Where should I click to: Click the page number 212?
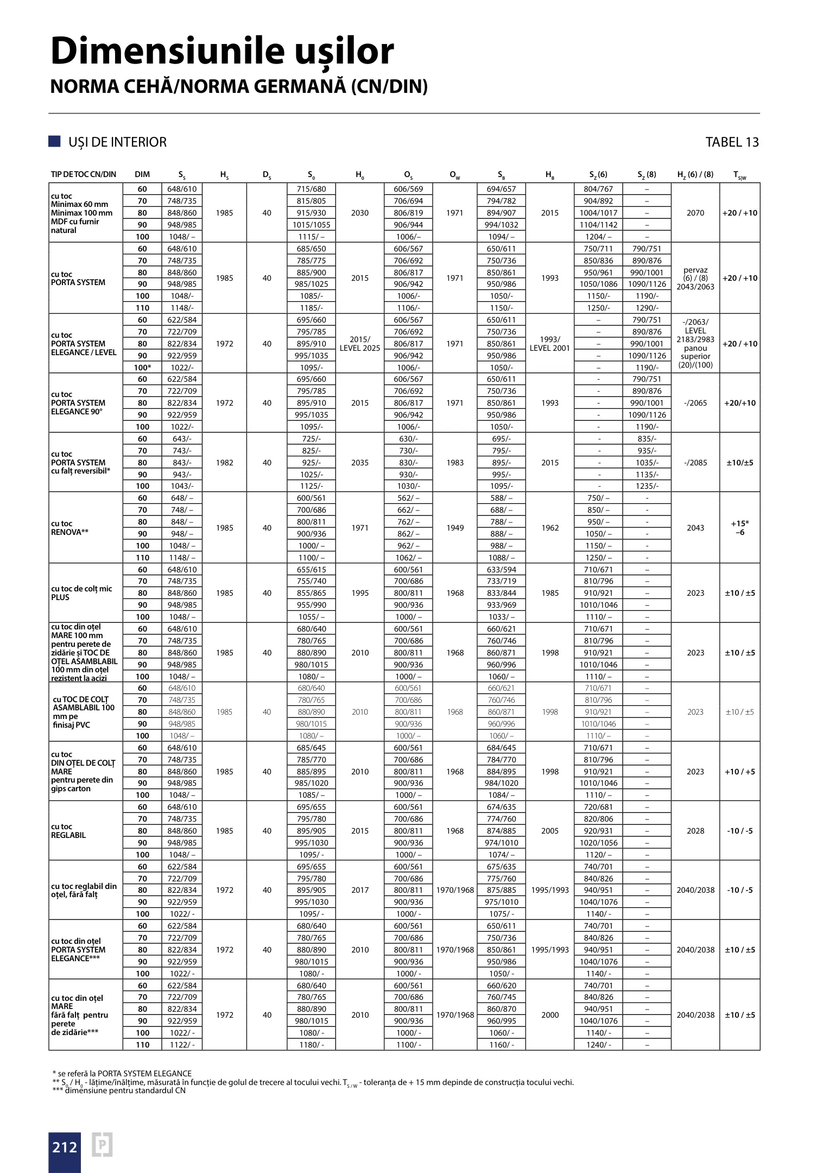(65, 1147)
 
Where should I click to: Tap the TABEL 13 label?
(731, 142)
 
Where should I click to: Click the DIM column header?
(142, 174)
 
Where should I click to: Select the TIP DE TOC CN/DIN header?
(84, 174)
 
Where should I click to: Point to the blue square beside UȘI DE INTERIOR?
(54, 142)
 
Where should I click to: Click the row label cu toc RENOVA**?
(69, 528)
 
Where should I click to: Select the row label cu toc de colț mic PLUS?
(81, 593)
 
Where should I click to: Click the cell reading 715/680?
(312, 189)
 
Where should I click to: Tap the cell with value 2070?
(695, 213)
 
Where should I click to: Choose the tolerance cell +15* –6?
(739, 528)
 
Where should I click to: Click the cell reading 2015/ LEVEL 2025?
(360, 344)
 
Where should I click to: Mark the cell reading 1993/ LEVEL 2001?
(549, 344)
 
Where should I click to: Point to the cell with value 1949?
(455, 528)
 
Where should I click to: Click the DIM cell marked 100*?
(142, 368)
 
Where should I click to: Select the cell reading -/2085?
(695, 463)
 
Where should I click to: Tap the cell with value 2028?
(695, 831)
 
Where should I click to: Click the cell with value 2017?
(360, 890)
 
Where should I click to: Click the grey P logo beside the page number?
(102, 1145)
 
